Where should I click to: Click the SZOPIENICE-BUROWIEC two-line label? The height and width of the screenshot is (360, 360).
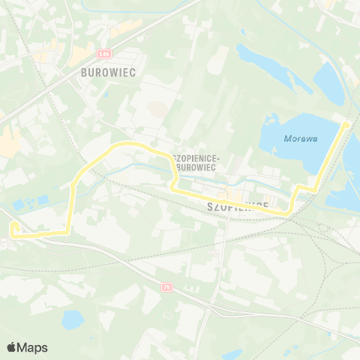click(194, 163)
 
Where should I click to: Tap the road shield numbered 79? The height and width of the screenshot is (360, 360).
click(166, 286)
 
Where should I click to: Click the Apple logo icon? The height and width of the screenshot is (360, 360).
click(12, 347)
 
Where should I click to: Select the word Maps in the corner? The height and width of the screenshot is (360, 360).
click(34, 347)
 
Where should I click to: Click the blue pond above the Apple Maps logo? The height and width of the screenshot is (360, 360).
click(73, 320)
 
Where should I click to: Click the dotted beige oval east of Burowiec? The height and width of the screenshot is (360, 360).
click(158, 108)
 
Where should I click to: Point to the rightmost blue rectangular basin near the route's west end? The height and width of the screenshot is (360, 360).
click(43, 200)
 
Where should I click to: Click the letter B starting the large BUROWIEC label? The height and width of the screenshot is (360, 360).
click(82, 73)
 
